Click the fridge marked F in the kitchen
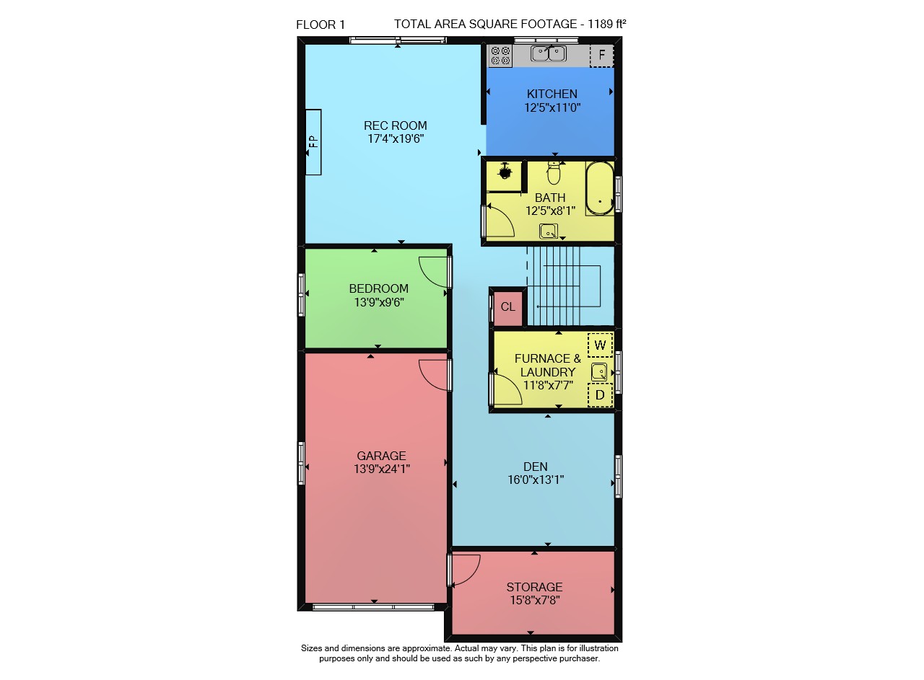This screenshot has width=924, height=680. [x=601, y=56]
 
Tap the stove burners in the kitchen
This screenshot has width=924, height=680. [x=500, y=56]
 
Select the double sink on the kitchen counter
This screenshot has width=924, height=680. [x=548, y=53]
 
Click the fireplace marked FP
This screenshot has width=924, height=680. [x=313, y=142]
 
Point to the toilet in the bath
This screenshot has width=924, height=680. [x=554, y=172]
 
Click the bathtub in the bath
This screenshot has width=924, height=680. [x=599, y=188]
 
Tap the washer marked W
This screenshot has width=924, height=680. [x=600, y=345]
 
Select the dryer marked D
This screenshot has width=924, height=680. [x=600, y=395]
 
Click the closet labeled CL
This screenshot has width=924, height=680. [x=507, y=307]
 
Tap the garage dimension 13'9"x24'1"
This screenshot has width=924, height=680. [x=382, y=469]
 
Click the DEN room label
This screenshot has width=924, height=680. [x=536, y=467]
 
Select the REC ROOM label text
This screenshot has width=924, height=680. [x=395, y=125]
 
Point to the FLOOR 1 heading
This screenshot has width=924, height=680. [x=321, y=25]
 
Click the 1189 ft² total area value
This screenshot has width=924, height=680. [x=607, y=24]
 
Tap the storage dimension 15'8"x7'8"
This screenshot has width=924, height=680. [x=535, y=600]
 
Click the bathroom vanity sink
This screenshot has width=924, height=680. [x=549, y=231]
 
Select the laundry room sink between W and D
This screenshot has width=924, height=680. [x=599, y=372]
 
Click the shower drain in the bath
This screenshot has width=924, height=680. [x=505, y=172]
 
